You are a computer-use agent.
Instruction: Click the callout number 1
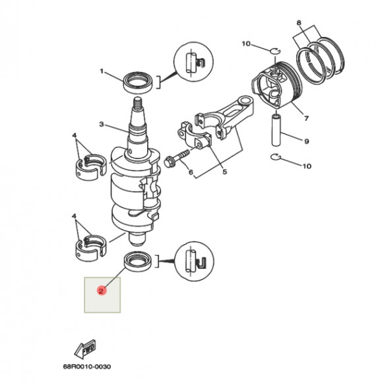(x=102, y=71)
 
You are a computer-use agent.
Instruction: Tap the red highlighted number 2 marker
(x=101, y=290)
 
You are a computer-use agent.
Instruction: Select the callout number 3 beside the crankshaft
(x=102, y=124)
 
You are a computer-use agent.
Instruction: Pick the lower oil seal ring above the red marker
(x=141, y=261)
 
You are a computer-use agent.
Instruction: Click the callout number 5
(x=224, y=173)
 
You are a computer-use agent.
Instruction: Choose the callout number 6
(x=191, y=173)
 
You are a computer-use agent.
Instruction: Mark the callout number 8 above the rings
(x=299, y=23)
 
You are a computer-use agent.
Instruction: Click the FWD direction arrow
(x=84, y=349)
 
